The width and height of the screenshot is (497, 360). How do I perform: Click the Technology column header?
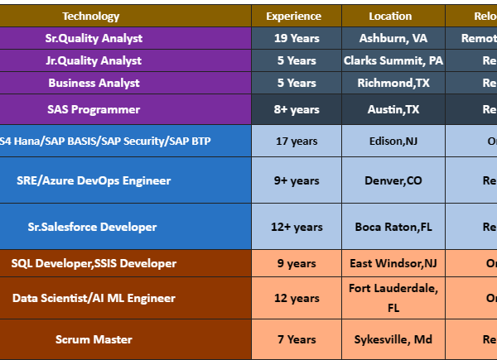pyautogui.click(x=91, y=16)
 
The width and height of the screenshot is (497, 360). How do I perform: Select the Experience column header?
pyautogui.click(x=293, y=16)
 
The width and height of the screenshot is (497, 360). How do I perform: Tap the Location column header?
pyautogui.click(x=389, y=16)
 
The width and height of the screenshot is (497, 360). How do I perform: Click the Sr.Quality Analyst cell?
pyautogui.click(x=94, y=38)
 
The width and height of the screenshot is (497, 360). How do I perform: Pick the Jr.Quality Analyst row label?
pyautogui.click(x=94, y=60)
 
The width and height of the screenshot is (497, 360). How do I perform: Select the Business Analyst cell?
pyautogui.click(x=94, y=83)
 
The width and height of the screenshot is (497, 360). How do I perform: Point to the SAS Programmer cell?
pyautogui.click(x=94, y=109)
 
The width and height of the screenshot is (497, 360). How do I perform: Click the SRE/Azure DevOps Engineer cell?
pyautogui.click(x=94, y=180)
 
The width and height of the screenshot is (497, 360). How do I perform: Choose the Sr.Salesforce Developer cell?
pyautogui.click(x=94, y=227)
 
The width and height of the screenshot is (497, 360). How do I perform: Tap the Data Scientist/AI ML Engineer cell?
pyautogui.click(x=94, y=298)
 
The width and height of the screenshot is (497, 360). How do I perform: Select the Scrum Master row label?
pyautogui.click(x=94, y=339)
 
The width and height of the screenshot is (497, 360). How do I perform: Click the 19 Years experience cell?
pyautogui.click(x=296, y=38)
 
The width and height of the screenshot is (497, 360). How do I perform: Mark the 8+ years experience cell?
pyautogui.click(x=296, y=109)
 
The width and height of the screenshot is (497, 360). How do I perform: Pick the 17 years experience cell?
pyautogui.click(x=296, y=141)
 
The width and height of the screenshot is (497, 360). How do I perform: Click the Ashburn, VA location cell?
pyautogui.click(x=393, y=38)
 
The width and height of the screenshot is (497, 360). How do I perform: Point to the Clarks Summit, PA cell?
pyautogui.click(x=393, y=60)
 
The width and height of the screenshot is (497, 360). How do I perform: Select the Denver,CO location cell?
pyautogui.click(x=393, y=180)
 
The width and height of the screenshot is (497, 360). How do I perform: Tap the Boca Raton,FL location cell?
pyautogui.click(x=393, y=227)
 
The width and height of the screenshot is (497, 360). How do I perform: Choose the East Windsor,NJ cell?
pyautogui.click(x=393, y=263)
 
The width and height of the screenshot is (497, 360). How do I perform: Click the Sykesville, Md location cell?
pyautogui.click(x=393, y=339)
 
